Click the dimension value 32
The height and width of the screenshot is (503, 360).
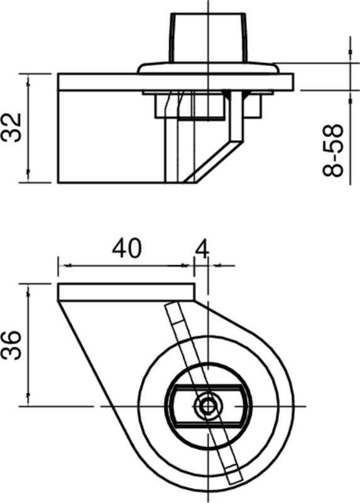tap(14, 128)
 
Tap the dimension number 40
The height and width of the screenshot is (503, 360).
tap(127, 248)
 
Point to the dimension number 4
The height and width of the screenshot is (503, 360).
tap(202, 248)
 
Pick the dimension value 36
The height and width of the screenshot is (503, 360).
tap(14, 345)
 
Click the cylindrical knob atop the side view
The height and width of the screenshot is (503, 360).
tap(207, 36)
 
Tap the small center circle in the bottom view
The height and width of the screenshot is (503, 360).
tap(207, 406)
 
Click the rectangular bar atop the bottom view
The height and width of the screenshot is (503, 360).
tap(126, 292)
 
